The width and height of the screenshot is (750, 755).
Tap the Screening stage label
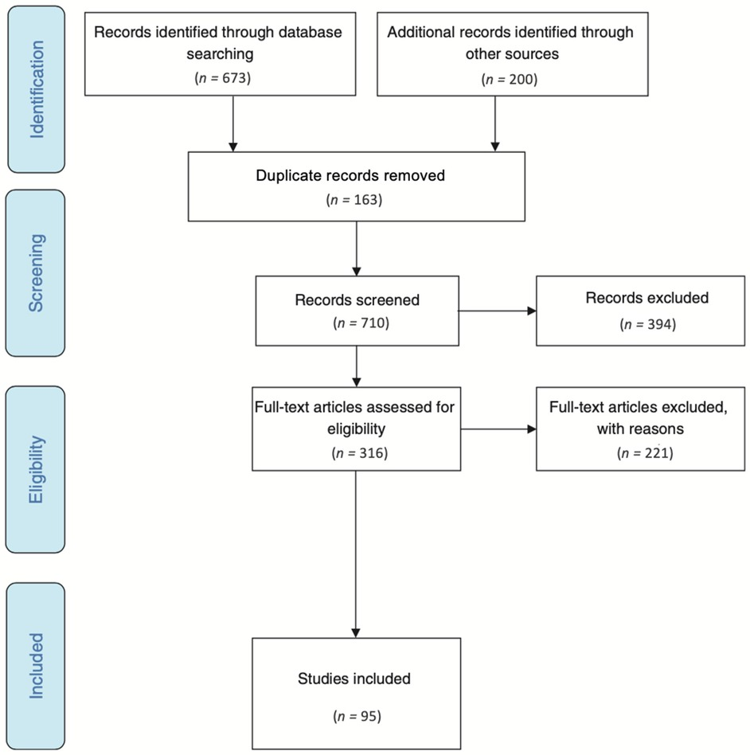[x=37, y=272]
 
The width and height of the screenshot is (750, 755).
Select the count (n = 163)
[x=356, y=200]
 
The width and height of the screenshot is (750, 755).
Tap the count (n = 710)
[x=357, y=325]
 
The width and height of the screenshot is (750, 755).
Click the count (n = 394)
[x=646, y=326]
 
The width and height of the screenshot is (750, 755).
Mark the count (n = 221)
[x=645, y=453]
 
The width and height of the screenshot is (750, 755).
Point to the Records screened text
[x=357, y=302]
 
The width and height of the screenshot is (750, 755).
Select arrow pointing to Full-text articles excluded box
[x=497, y=430]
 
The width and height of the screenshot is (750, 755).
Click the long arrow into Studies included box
[x=356, y=557]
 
